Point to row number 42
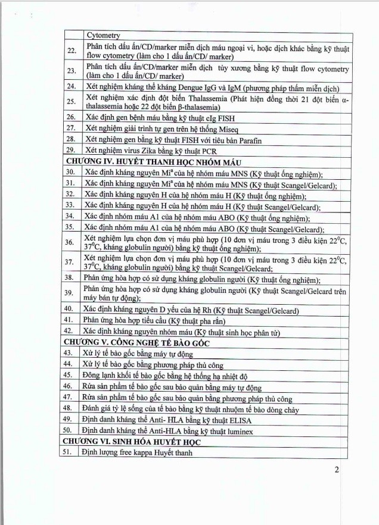(x=71, y=332)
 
